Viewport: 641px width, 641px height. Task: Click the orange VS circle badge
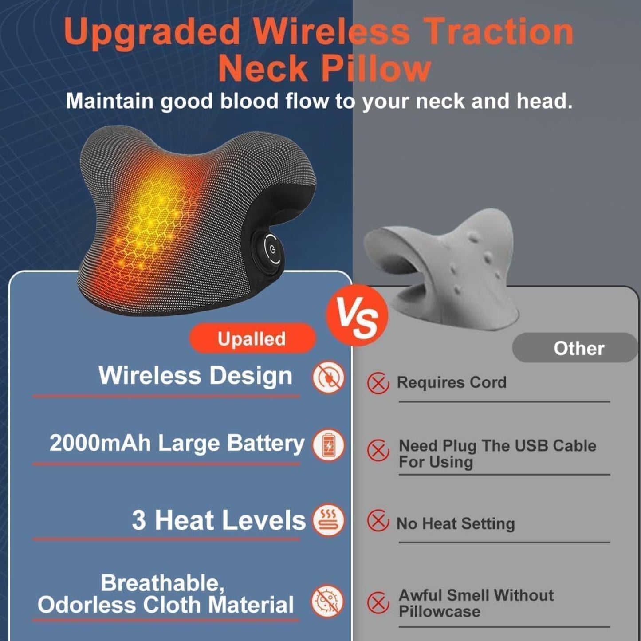click(357, 316)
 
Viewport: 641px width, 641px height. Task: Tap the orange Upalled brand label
click(252, 338)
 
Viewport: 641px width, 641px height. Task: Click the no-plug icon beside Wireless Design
click(328, 377)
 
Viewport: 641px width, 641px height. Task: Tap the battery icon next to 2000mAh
click(328, 444)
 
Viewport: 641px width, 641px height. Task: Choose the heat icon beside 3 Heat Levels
click(328, 520)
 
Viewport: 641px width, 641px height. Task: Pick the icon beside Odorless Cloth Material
click(327, 602)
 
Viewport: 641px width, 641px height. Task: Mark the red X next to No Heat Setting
click(378, 521)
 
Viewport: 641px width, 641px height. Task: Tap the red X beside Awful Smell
click(378, 602)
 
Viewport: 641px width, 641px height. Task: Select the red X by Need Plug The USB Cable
click(378, 451)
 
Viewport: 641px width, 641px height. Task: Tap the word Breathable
click(162, 583)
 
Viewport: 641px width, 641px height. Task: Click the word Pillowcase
click(439, 611)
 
